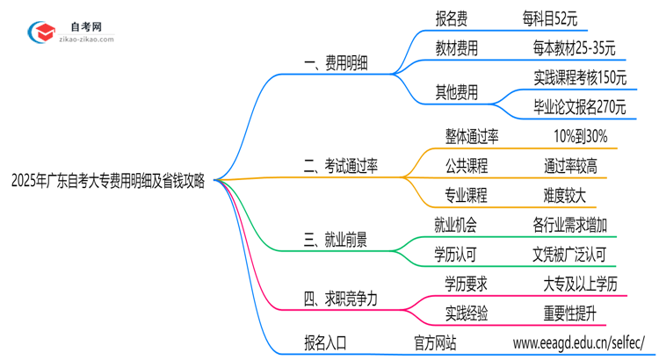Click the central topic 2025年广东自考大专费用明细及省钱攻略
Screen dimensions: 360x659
[108, 181]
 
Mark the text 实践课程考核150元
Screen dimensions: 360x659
[580, 77]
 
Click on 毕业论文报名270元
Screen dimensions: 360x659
[580, 107]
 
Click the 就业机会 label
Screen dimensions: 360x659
[456, 225]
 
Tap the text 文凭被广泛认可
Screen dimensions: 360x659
[569, 255]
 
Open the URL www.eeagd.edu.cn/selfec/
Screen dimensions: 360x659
[579, 342]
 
